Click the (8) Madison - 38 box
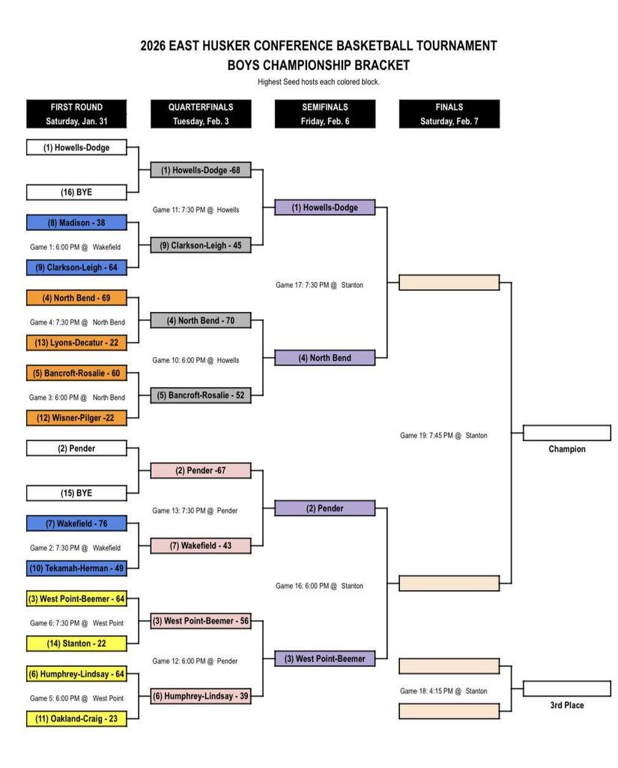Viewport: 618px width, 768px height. pos(76,223)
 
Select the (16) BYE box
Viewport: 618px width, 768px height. pos(76,193)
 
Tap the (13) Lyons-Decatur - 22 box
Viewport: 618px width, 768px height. pos(76,343)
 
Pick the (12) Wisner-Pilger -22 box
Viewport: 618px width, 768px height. pos(76,418)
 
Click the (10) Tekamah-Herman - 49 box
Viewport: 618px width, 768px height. pos(76,568)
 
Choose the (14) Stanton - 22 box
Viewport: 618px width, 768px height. pos(76,643)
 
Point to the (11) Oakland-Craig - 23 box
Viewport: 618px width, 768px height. pos(76,718)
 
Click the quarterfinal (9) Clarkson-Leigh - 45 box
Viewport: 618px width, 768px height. pos(201,245)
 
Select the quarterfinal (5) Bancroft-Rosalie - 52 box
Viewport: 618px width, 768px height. pos(201,395)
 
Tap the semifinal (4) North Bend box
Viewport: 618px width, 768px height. pos(324,358)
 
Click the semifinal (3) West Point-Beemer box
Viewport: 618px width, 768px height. pos(324,658)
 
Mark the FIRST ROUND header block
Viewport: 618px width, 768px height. pos(76,114)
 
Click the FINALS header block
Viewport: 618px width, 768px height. pos(449,114)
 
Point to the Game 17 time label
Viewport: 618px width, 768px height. pos(319,285)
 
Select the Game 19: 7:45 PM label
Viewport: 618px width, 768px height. pos(443,435)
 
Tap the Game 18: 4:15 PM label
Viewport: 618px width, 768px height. pos(443,691)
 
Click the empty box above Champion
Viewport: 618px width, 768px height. pos(566,433)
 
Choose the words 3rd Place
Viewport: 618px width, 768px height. pos(566,705)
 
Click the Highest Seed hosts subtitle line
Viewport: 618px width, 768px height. pos(318,82)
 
